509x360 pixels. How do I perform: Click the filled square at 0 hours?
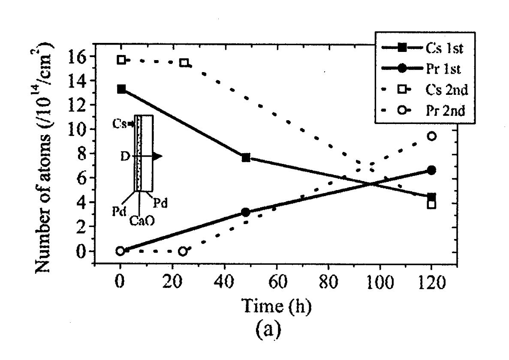tap(121, 89)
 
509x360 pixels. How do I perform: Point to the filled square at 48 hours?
tap(246, 157)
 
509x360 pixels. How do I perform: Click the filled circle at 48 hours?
tap(246, 212)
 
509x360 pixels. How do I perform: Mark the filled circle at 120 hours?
tap(432, 170)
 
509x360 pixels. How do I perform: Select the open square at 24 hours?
tap(184, 63)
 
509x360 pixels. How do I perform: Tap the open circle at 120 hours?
tap(432, 136)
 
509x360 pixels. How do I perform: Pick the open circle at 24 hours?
tap(183, 251)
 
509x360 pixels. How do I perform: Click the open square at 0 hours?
tap(121, 60)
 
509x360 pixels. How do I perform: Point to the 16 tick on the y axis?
tap(81, 57)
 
